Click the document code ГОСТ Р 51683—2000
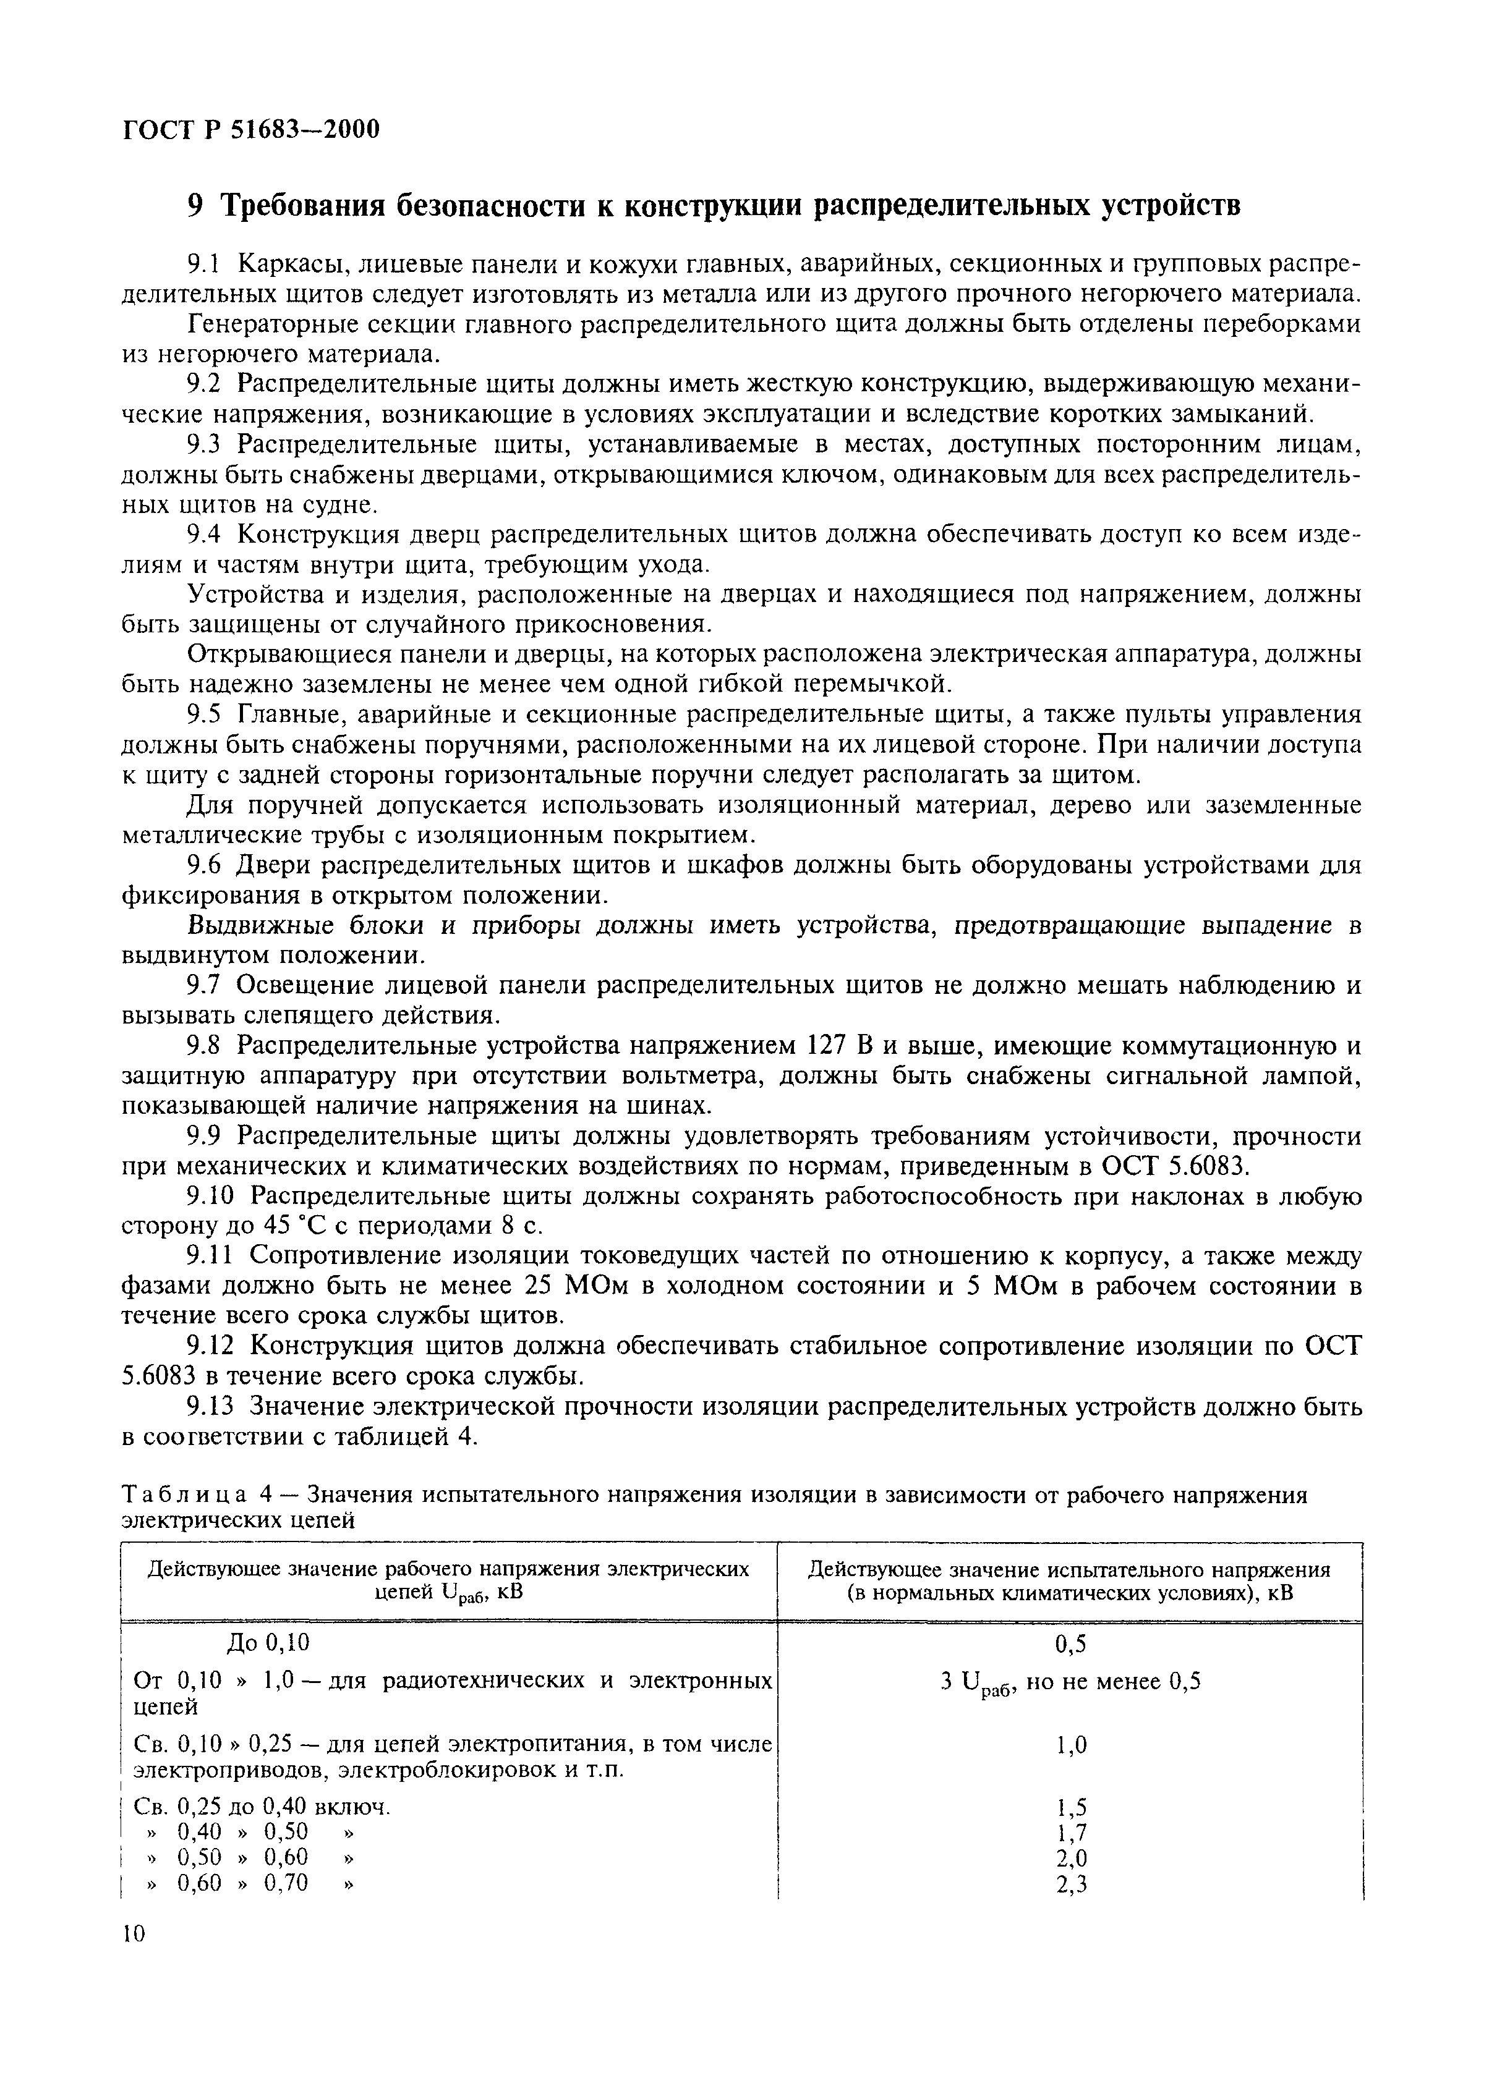pyautogui.click(x=250, y=130)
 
